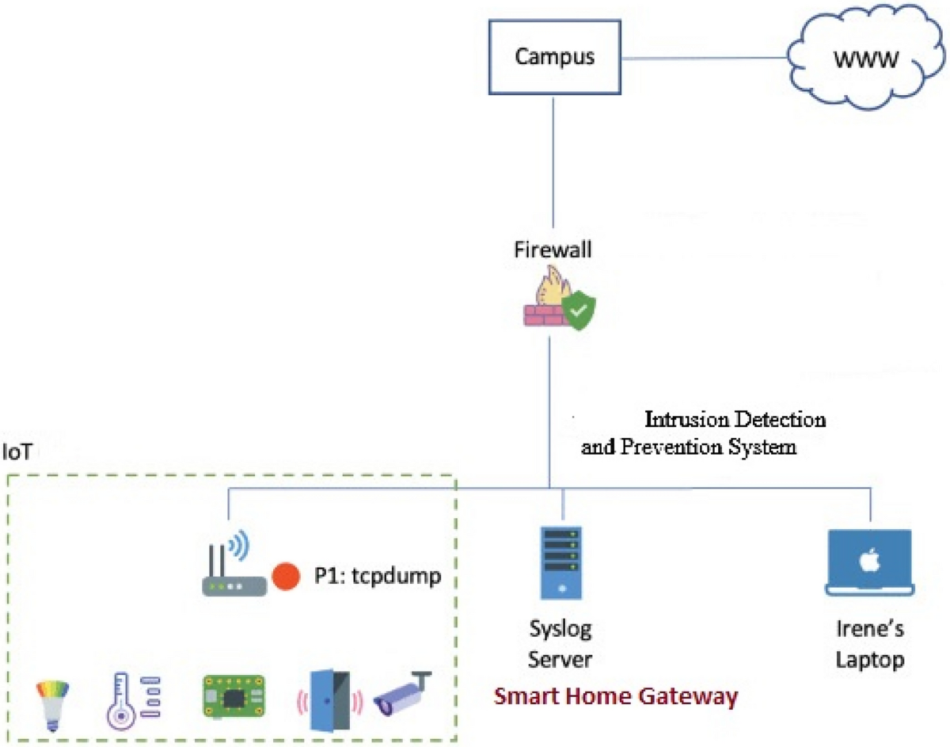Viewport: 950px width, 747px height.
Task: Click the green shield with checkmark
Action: (581, 312)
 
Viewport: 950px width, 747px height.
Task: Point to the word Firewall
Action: (553, 251)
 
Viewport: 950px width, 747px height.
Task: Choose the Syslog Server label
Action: (560, 646)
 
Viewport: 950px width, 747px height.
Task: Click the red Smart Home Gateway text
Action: (616, 697)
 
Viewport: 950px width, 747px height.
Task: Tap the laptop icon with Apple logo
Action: (869, 562)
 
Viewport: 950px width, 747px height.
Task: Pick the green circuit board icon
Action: (234, 697)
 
